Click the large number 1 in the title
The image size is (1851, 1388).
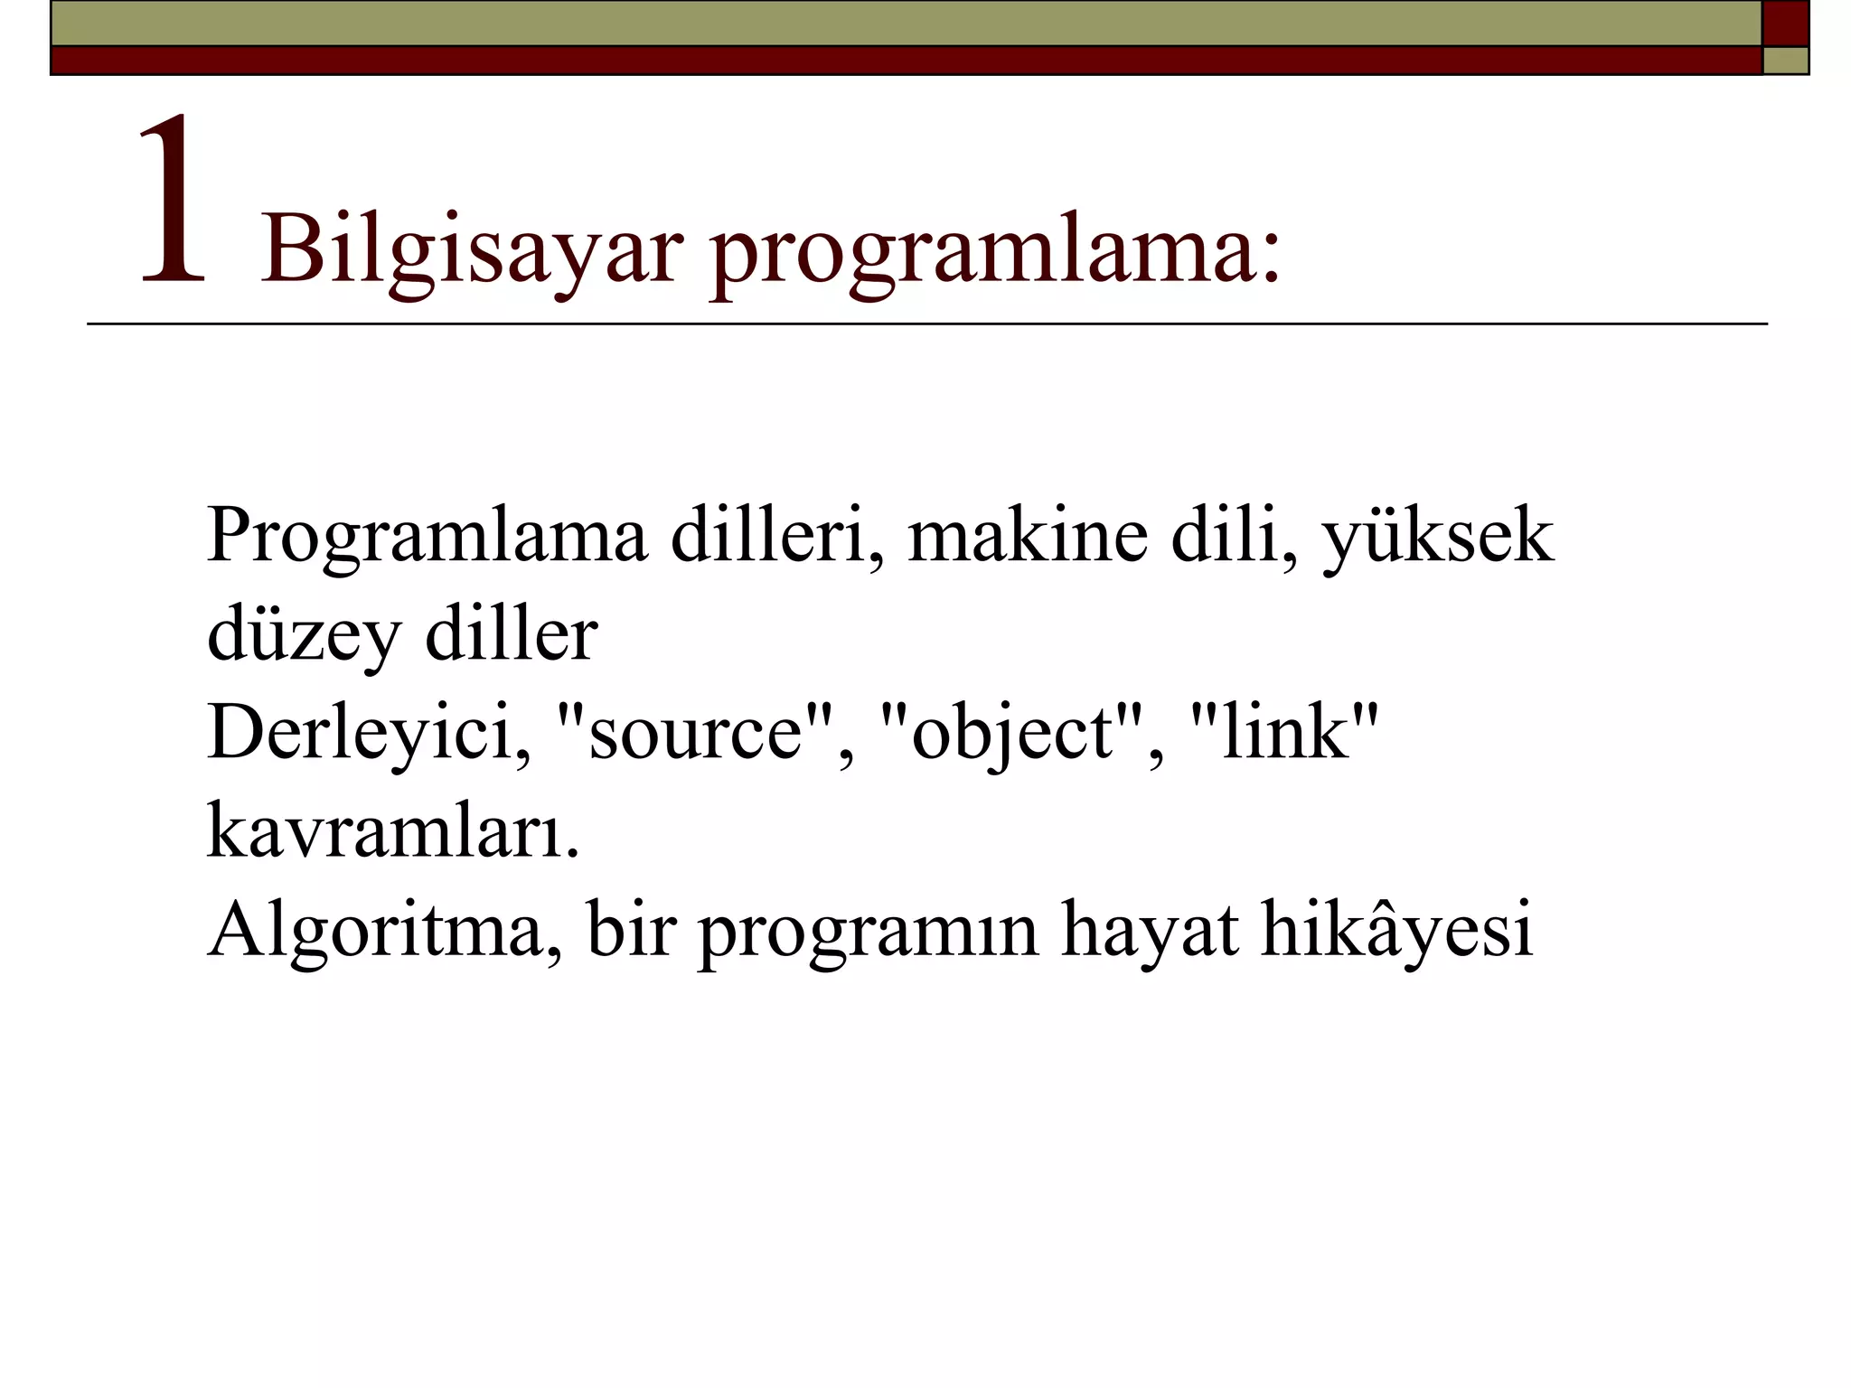(174, 201)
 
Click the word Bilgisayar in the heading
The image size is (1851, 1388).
(471, 249)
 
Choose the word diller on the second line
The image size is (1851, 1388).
(512, 634)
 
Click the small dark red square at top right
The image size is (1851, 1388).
(1785, 23)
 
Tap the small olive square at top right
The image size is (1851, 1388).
(1785, 61)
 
